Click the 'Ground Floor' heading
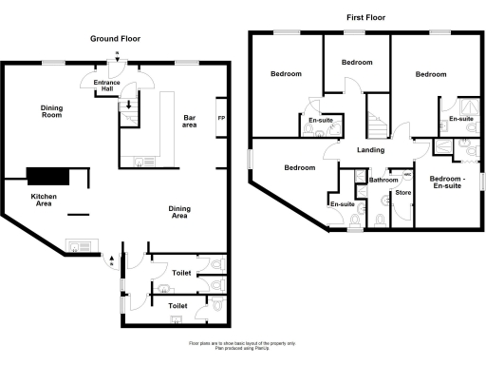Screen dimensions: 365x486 [x=116, y=38]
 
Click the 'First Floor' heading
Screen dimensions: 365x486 [x=365, y=16]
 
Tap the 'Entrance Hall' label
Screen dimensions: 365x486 [x=106, y=87]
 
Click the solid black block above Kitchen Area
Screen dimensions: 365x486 [x=48, y=175]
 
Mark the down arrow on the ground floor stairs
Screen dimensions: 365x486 [x=128, y=105]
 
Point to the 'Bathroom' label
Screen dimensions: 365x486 [x=383, y=180]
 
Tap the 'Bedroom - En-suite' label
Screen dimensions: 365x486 [x=447, y=183]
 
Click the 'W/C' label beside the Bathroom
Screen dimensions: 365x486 [x=407, y=175]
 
